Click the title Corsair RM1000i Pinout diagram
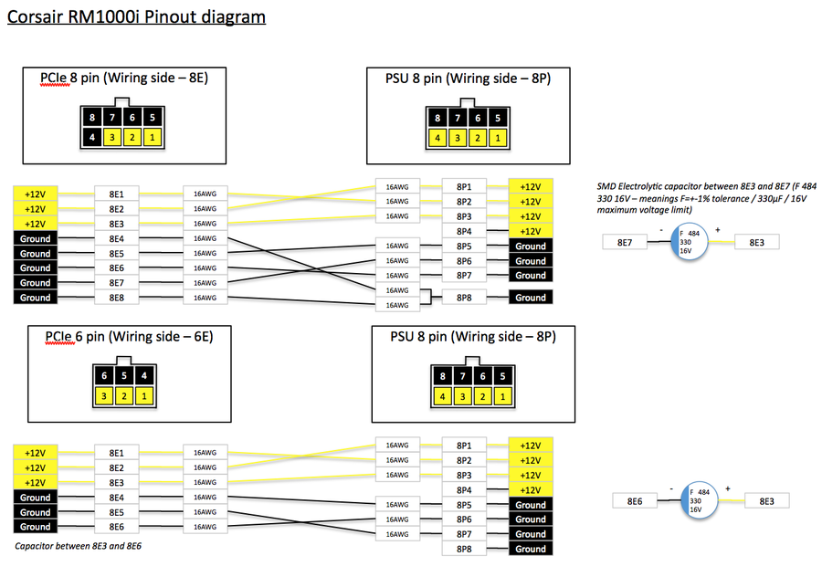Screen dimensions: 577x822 (x=136, y=16)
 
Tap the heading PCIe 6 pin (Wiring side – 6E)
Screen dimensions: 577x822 (x=129, y=336)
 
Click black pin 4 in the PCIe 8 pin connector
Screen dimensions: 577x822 (x=92, y=137)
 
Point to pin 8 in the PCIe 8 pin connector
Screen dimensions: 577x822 (x=92, y=118)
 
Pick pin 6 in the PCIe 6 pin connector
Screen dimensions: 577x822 (x=104, y=376)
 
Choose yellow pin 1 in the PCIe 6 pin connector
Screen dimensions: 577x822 (x=144, y=395)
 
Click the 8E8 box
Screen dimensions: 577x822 (x=117, y=298)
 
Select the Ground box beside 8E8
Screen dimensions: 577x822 (x=36, y=298)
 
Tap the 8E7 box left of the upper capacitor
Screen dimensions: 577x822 (x=626, y=242)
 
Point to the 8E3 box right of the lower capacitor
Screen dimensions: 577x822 (x=767, y=500)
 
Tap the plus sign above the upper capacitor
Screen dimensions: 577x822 (x=718, y=229)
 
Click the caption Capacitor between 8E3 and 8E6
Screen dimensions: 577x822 (x=79, y=546)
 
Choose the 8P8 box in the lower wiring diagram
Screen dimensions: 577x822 (x=463, y=549)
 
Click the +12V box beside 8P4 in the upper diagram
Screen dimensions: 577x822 (x=530, y=231)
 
